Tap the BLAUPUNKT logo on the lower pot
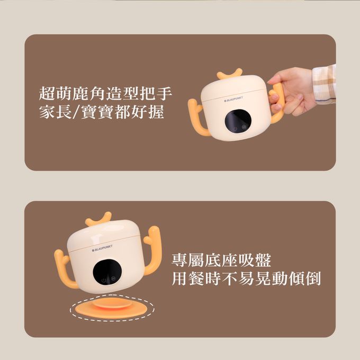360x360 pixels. [105, 248]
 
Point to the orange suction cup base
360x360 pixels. [111, 308]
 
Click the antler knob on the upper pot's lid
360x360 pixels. [230, 74]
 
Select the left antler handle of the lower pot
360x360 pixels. [66, 268]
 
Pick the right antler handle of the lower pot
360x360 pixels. [151, 249]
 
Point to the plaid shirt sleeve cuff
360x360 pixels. [324, 84]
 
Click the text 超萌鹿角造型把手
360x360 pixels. [106, 94]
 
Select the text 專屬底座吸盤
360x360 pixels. [221, 260]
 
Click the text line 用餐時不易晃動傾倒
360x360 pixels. [246, 278]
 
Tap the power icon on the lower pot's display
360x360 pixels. [103, 280]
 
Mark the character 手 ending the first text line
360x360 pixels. [165, 94]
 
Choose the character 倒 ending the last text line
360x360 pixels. [313, 278]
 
